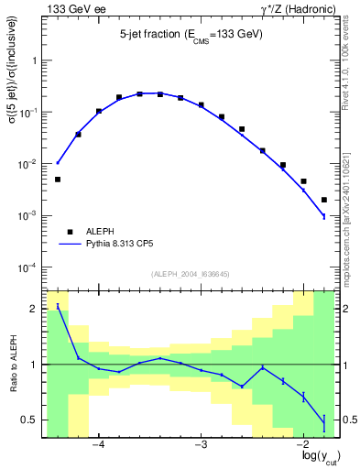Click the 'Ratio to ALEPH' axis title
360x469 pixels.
coord(13,365)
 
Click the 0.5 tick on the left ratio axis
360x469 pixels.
coord(31,420)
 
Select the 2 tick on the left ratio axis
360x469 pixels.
coord(36,309)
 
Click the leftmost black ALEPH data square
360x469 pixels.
coord(58,180)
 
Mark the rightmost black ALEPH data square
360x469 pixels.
coord(324,200)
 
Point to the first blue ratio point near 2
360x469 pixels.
coord(58,307)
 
